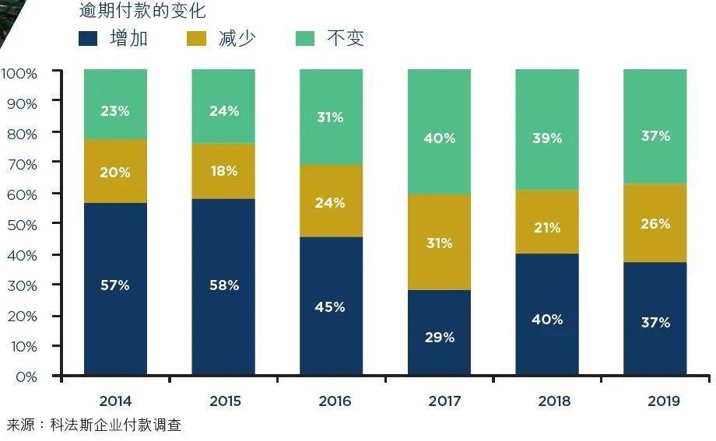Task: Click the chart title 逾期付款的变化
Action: tap(143, 11)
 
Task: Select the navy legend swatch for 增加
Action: tap(88, 39)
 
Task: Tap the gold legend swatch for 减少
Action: tap(197, 39)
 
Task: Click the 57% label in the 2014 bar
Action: tap(115, 285)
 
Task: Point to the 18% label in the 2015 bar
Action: tap(223, 171)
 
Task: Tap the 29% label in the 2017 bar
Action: tap(439, 338)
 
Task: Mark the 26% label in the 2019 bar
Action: tap(655, 224)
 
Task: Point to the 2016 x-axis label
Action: tap(334, 401)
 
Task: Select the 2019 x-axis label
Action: tap(662, 401)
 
